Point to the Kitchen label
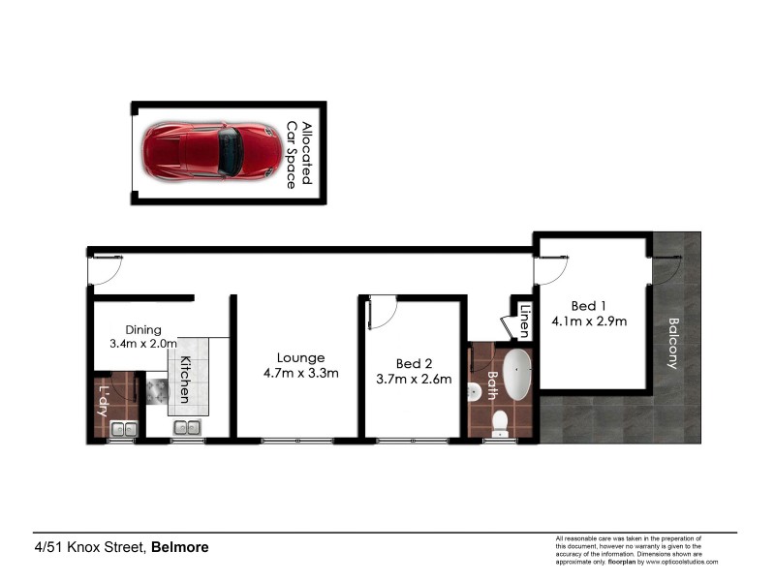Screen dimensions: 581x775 [182, 378]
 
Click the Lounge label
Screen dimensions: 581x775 [300, 357]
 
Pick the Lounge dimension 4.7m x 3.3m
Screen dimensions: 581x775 [300, 374]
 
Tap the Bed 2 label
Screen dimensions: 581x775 [414, 363]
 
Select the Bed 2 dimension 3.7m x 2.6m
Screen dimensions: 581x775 [414, 379]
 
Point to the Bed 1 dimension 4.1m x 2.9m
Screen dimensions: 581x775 [590, 321]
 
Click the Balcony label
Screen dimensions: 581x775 [673, 344]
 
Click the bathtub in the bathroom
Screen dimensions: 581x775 [519, 376]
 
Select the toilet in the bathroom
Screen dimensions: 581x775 [501, 423]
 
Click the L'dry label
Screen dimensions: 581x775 [104, 401]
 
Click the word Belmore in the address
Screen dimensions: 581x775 [180, 547]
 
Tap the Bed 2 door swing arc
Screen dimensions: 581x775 [383, 307]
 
